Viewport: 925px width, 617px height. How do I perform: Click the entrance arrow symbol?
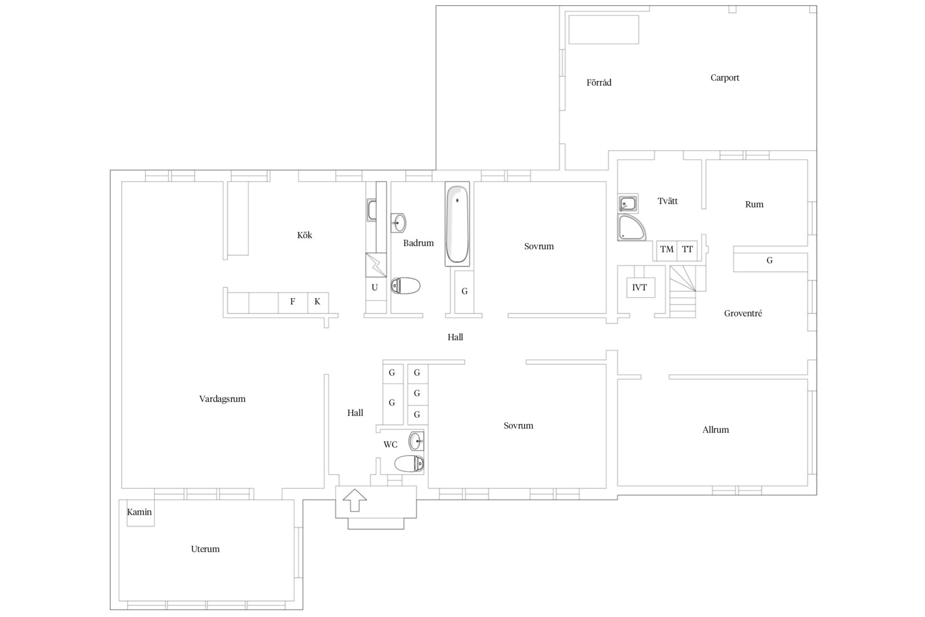[355, 500]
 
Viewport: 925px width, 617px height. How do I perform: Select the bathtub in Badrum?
[457, 224]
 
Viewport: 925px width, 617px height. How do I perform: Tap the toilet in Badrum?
[405, 286]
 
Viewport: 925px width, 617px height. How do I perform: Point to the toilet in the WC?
[409, 464]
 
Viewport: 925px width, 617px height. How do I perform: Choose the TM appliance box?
[667, 249]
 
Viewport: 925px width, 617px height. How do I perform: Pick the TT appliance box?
[687, 249]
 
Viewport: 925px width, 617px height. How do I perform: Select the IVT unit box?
[640, 287]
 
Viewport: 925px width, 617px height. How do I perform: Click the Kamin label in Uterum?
[139, 512]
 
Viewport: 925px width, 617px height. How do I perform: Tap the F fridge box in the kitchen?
[293, 302]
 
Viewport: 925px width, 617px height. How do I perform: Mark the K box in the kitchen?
[317, 302]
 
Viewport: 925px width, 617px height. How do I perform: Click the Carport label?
[725, 78]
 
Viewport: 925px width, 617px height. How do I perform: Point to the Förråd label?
[599, 83]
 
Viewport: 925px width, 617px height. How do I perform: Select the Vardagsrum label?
[222, 399]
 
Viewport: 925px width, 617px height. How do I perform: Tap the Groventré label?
[743, 313]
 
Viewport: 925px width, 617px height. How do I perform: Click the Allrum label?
[715, 430]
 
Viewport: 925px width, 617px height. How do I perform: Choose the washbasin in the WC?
[416, 441]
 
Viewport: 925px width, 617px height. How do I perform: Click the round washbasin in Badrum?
[399, 223]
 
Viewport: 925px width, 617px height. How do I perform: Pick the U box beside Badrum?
[375, 287]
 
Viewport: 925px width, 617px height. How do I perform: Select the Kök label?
[305, 235]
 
